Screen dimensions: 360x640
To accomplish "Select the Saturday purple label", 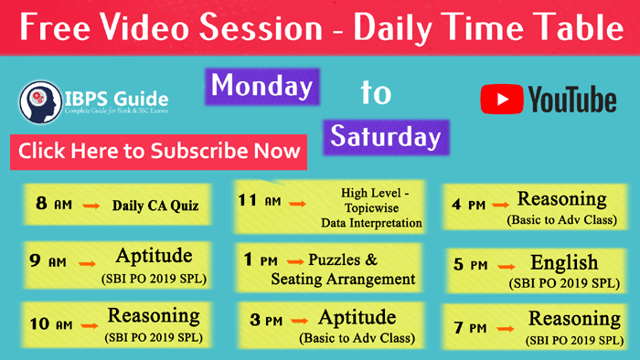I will [x=385, y=137].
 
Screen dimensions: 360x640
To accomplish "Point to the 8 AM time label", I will [x=54, y=204].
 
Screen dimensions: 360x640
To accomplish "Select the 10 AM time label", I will [x=51, y=323].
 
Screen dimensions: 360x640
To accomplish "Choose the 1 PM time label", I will [x=261, y=261].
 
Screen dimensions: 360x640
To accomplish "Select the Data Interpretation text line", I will [x=370, y=223].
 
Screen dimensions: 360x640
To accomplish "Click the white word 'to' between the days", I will [x=375, y=92].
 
